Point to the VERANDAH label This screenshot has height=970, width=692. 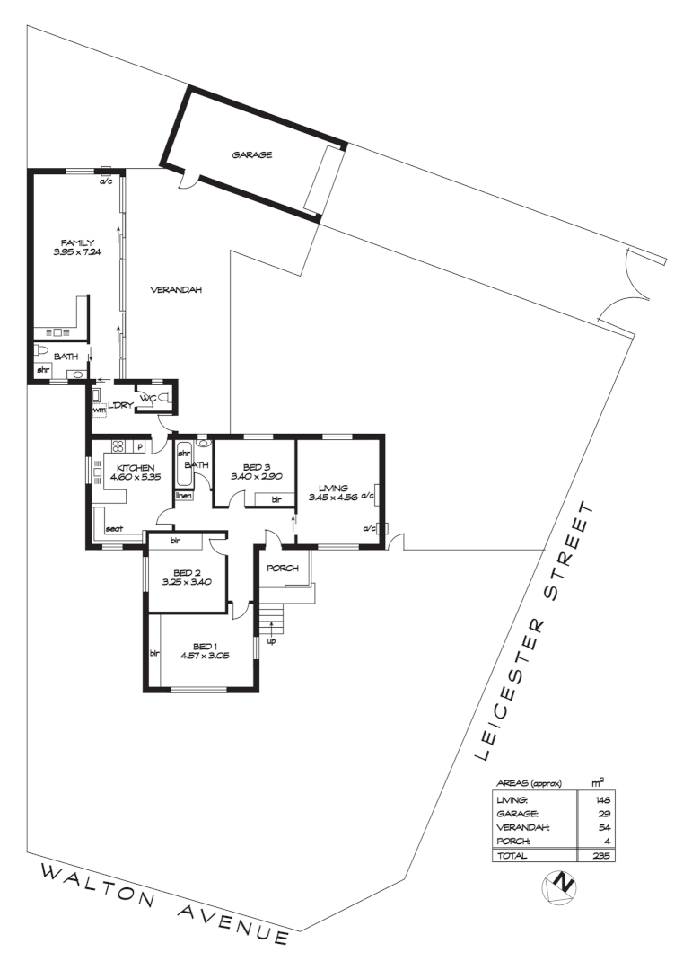[x=175, y=290]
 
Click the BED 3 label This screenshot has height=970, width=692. [x=256, y=466]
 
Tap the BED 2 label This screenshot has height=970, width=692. [x=187, y=572]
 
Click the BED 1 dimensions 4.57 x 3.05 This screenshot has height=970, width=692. [x=205, y=656]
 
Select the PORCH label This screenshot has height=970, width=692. [x=282, y=567]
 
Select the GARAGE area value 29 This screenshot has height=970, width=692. [x=606, y=813]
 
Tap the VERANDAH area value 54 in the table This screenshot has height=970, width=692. [x=606, y=827]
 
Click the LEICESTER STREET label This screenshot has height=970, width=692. [x=537, y=629]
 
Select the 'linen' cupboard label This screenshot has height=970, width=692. [x=183, y=495]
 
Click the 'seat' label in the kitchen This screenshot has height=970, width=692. [x=114, y=529]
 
